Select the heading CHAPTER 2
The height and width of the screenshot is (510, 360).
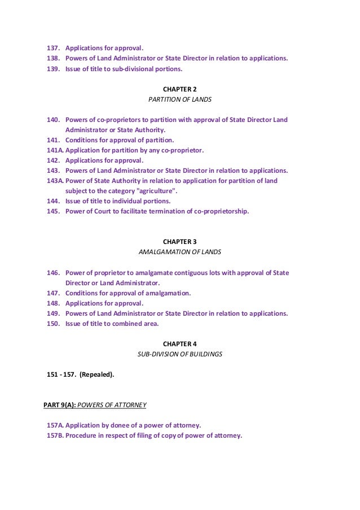(x=179, y=89)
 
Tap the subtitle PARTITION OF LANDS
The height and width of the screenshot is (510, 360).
(x=179, y=99)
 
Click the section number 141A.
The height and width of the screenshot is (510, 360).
(x=55, y=150)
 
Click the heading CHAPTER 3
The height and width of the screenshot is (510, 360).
(x=179, y=242)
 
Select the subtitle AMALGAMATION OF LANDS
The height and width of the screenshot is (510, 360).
(x=179, y=252)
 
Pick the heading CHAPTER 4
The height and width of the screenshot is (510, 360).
(x=179, y=344)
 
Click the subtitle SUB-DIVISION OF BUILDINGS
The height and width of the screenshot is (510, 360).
(x=179, y=354)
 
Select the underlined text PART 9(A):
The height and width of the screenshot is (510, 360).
(x=59, y=405)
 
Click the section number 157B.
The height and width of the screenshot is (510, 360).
(x=55, y=435)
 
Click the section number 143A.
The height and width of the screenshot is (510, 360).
(x=55, y=181)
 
